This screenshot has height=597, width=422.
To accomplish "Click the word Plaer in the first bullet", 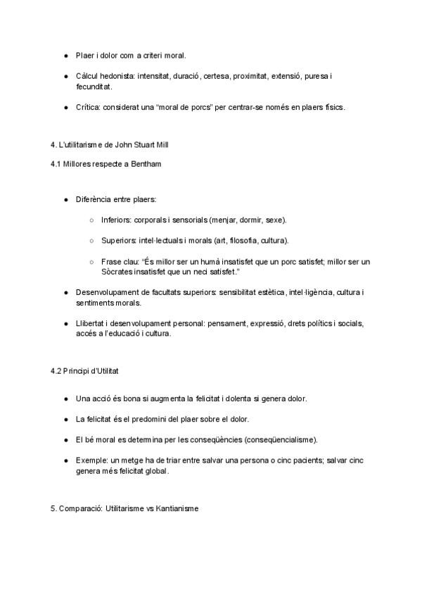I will tap(84, 55).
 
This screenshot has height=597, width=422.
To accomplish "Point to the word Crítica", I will tap(88, 107).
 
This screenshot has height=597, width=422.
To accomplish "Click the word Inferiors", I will tap(116, 220).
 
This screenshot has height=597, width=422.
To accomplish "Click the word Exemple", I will tap(92, 460).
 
